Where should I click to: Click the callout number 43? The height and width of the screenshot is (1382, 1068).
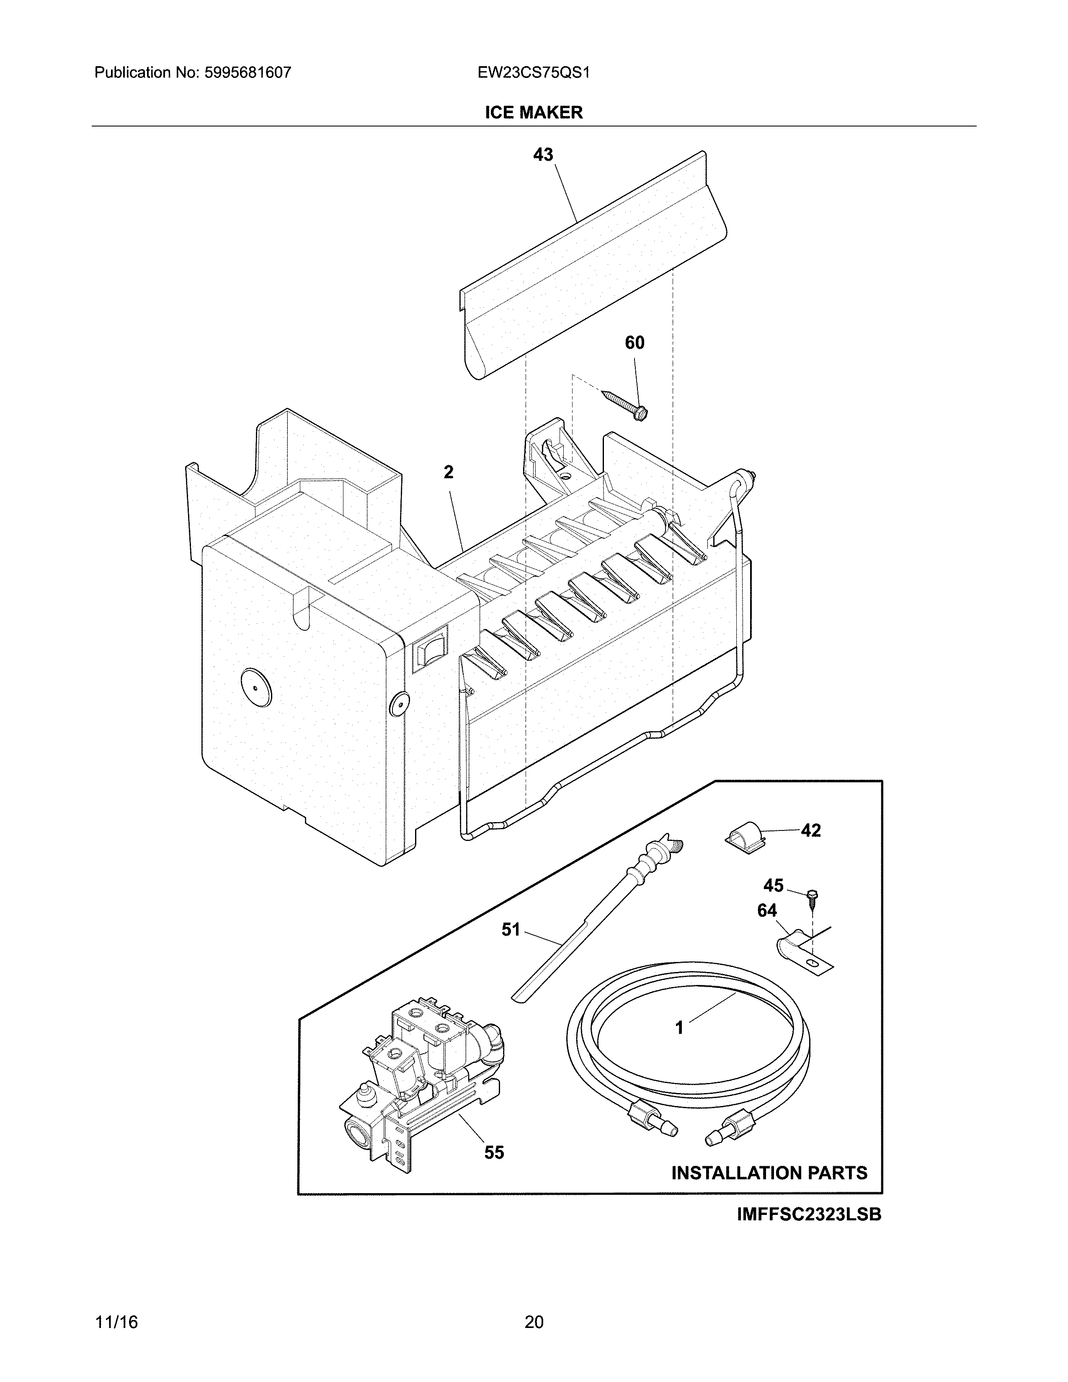coord(543,155)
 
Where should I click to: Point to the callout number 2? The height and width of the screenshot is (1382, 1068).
coord(448,472)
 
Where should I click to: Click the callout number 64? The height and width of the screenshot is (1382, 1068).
coord(767,910)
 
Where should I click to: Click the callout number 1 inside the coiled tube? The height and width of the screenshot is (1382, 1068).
coord(679,1028)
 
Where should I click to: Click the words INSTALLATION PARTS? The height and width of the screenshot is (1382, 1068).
coord(769,1173)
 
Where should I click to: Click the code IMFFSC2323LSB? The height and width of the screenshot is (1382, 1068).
coord(809,1215)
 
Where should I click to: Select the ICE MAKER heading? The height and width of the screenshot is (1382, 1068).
coord(533,113)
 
